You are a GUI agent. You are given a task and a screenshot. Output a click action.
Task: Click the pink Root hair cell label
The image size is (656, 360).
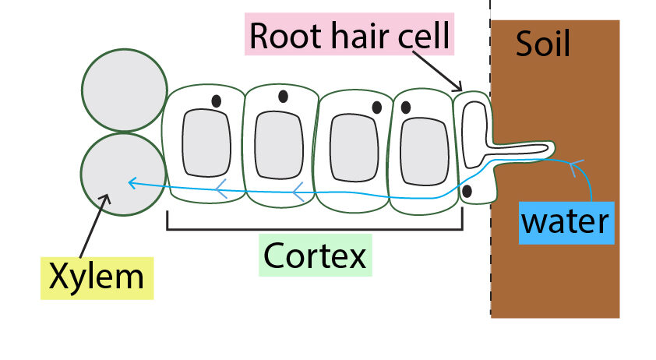(349, 36)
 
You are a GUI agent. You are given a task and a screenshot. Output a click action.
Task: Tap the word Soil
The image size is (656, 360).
(543, 45)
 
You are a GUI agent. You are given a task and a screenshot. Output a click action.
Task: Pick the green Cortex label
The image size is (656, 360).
(315, 255)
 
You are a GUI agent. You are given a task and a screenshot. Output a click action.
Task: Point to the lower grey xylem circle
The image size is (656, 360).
(125, 175)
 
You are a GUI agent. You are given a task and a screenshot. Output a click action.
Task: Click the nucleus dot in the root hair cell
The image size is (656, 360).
(467, 190)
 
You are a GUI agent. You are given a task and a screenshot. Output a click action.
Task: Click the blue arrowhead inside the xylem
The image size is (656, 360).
(133, 182)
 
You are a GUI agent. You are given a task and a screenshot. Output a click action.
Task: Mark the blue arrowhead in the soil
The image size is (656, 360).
(573, 164)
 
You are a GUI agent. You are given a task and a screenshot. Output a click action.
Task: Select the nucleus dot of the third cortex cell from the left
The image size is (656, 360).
(376, 108)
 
